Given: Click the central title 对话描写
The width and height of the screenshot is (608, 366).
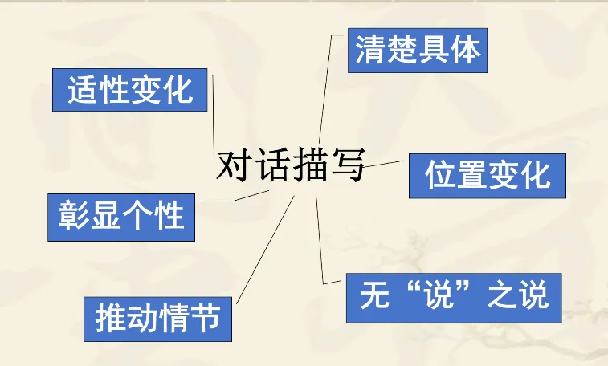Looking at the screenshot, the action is click(291, 168).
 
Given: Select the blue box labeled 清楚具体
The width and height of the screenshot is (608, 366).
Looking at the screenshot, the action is click(418, 50).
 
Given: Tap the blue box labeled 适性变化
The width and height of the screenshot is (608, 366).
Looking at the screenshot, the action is click(131, 90).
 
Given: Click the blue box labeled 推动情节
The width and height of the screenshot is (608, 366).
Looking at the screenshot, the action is click(158, 319).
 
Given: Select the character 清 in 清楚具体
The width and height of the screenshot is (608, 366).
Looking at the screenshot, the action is click(370, 50).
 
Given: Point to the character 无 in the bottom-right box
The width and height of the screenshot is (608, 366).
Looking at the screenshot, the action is click(373, 296).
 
